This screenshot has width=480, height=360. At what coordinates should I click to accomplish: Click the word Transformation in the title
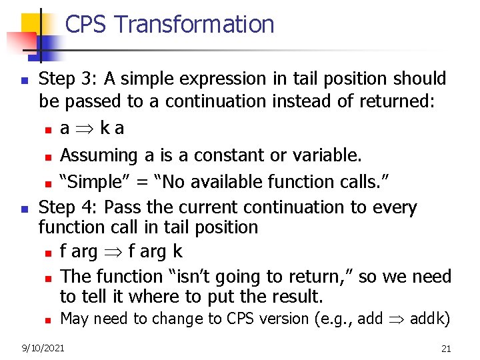[x=194, y=25]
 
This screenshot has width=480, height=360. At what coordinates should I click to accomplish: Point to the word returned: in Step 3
[x=397, y=101]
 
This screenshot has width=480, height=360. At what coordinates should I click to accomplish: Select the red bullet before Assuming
[x=48, y=157]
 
